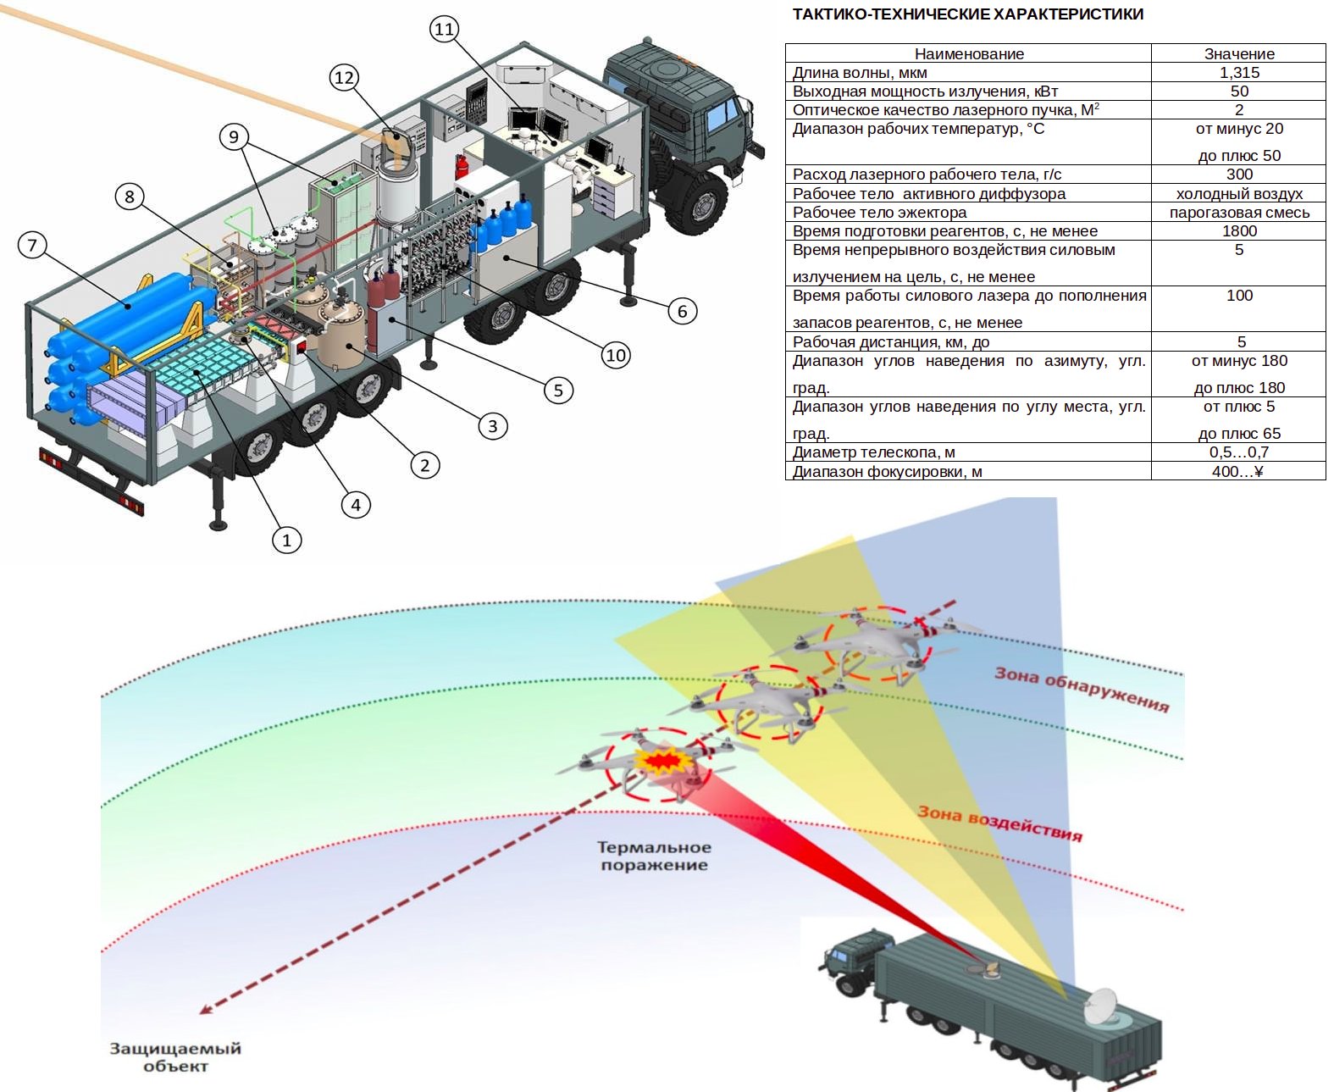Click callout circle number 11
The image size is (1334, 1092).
coord(444,29)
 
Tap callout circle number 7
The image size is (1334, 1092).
coord(32,245)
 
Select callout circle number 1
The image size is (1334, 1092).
coord(286,540)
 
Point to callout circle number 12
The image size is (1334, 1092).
coord(344,78)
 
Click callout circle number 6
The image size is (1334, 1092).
coord(682,311)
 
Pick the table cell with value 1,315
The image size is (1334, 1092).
coord(1238,72)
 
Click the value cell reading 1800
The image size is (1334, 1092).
coord(1238,231)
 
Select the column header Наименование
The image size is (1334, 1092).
coord(968,53)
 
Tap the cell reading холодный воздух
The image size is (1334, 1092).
coord(1238,194)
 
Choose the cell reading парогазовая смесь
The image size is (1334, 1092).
coord(1238,213)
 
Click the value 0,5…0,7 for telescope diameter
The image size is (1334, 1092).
coord(1238,452)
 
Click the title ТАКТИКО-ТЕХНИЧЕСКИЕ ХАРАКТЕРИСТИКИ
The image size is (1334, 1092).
coord(968,14)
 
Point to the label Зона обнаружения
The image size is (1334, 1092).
coord(1082,689)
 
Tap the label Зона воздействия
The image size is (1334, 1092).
coord(1000,823)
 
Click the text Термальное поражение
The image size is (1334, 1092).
coord(654,856)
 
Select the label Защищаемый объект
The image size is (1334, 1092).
coord(175,1057)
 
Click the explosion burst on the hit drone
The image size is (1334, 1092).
coord(661,761)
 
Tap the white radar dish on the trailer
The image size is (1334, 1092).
coord(1100,1006)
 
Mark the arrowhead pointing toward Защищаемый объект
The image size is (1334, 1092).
coord(207,1008)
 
